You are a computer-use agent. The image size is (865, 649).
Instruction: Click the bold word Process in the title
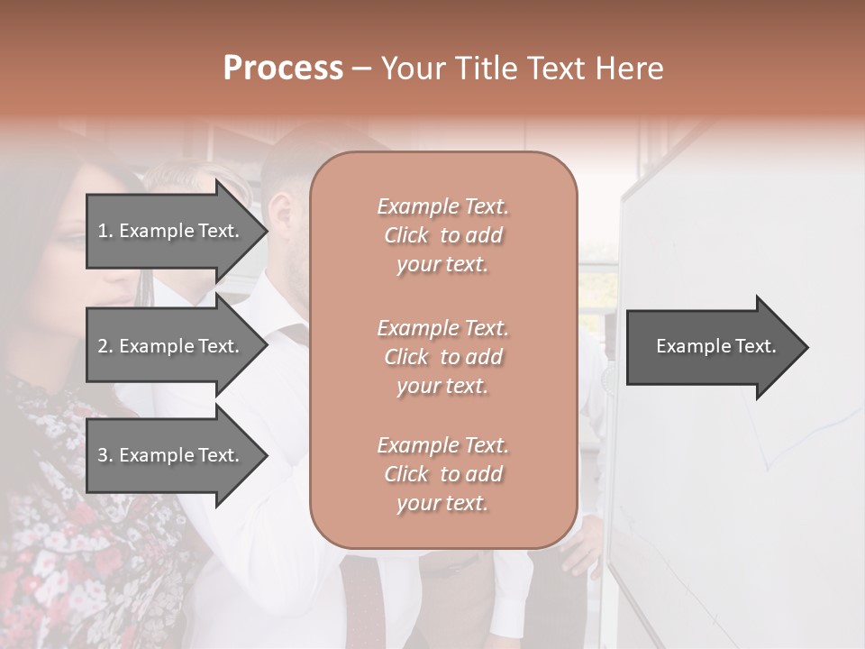click(x=283, y=69)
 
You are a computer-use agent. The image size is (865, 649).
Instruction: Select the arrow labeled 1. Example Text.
click(x=168, y=231)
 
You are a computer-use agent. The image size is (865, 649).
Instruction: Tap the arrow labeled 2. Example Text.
click(x=168, y=346)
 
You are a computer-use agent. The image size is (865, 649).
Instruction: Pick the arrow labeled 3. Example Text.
click(x=168, y=455)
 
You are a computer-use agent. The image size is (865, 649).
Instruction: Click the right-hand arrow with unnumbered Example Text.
click(x=715, y=346)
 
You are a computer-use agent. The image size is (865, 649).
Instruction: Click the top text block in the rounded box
click(x=442, y=235)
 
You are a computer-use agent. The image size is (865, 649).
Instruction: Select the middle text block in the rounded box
click(x=442, y=357)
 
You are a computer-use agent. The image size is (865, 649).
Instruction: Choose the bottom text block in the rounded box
click(x=442, y=474)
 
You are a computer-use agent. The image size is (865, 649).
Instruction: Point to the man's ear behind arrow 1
click(x=282, y=215)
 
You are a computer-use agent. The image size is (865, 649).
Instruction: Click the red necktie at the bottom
click(x=360, y=599)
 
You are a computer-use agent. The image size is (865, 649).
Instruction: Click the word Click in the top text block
click(x=406, y=235)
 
